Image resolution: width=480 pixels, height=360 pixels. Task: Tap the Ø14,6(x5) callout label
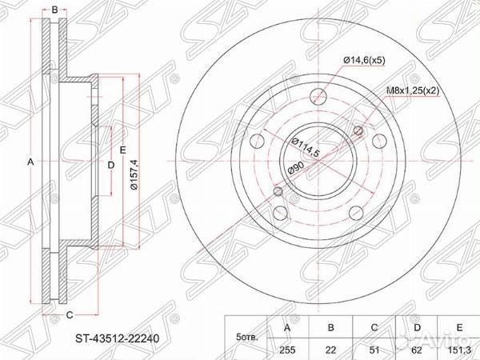(x=366, y=59)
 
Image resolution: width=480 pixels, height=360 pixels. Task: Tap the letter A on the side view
(x=30, y=162)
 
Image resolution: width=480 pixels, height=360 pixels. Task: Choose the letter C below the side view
(x=70, y=314)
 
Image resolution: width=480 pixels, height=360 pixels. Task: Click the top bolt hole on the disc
(x=318, y=95)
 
